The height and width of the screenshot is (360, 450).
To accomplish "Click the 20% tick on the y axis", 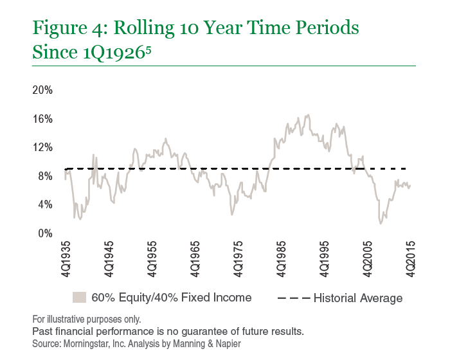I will coord(42,90).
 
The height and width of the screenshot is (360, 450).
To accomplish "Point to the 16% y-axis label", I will coord(42,119).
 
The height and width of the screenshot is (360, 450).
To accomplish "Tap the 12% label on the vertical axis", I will coord(42,147).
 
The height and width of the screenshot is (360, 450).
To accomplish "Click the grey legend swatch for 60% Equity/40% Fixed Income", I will coord(79,298).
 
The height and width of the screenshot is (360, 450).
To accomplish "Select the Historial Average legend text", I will coord(358,298).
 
